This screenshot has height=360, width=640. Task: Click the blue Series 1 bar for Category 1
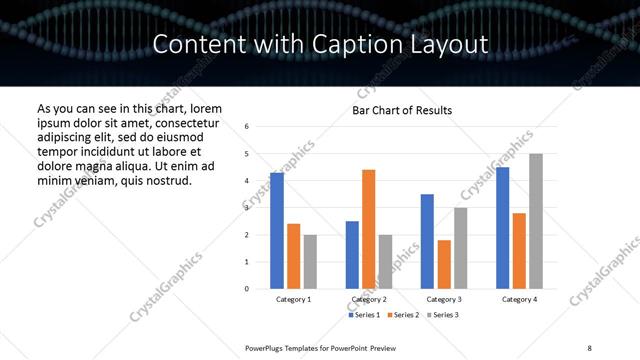point(277,231)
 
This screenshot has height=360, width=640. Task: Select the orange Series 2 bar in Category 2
point(368,229)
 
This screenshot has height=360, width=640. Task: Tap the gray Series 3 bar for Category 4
point(535,221)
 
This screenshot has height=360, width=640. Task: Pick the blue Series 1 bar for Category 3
point(427,241)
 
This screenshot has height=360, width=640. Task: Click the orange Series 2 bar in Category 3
point(444,264)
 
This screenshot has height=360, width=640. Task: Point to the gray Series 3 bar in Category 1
point(310,262)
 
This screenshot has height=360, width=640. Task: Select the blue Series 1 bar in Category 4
point(502,228)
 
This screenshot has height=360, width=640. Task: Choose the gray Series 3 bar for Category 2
point(385,262)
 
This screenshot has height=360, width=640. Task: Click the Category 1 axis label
point(293,299)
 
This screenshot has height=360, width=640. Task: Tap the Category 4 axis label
point(518,299)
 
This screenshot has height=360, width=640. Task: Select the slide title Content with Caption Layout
point(320,44)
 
